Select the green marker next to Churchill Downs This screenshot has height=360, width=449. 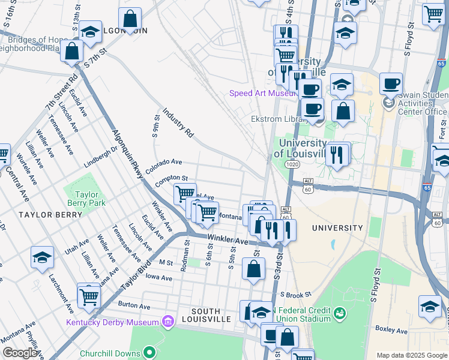click(149, 352)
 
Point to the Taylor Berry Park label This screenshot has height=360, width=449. click(89, 199)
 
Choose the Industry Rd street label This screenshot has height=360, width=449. click(178, 123)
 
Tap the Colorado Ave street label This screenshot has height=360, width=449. click(163, 162)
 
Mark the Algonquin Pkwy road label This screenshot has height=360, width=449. click(128, 154)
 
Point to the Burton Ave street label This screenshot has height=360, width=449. click(134, 305)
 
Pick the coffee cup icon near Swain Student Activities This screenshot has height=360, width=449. click(391, 83)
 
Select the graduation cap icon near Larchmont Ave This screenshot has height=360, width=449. click(42, 257)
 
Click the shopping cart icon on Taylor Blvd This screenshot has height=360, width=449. click(89, 295)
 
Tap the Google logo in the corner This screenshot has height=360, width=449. click(20, 353)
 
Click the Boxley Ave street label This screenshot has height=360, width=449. click(390, 329)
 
